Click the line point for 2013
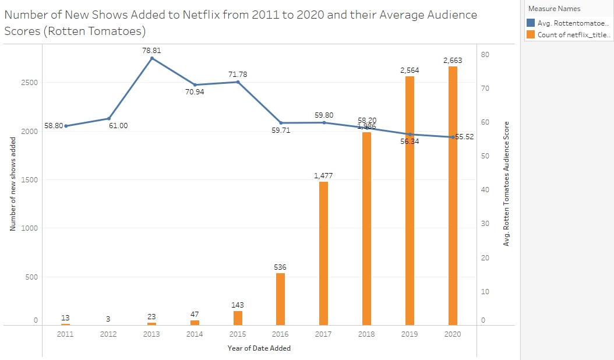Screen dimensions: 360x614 151,58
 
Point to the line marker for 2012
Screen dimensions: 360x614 109,119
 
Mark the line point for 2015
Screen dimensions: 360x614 238,82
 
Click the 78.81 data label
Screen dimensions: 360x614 151,51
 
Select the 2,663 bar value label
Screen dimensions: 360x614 453,60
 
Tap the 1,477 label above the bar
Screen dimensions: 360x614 323,175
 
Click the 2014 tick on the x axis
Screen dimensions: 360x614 195,334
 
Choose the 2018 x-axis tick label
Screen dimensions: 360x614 366,334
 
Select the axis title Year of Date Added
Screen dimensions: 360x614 259,348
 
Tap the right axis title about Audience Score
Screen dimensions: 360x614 506,183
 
